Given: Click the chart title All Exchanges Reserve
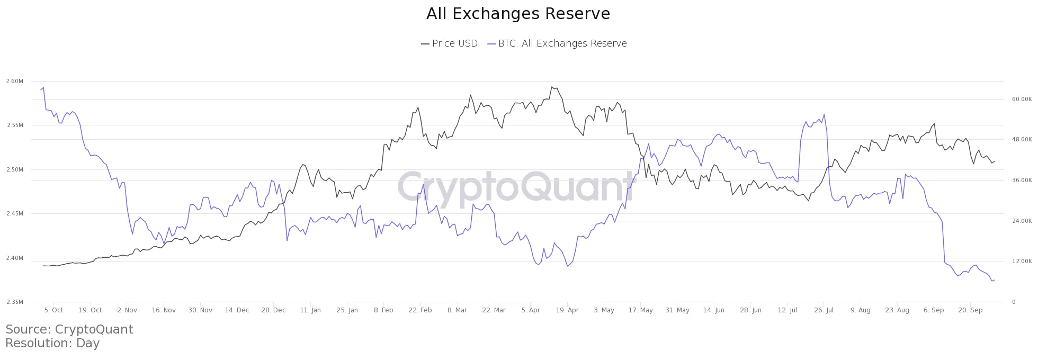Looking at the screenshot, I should (518, 14).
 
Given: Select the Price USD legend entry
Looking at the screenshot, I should (449, 43).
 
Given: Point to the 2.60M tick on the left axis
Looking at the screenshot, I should (15, 81).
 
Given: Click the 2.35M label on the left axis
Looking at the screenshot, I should (15, 302).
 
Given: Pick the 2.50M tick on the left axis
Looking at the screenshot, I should (15, 169).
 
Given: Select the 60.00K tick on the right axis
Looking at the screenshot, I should (1022, 99).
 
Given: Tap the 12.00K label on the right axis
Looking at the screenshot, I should (1022, 261).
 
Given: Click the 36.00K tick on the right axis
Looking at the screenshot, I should (1022, 180).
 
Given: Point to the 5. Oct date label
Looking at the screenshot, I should (53, 310).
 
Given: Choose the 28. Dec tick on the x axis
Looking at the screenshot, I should (273, 310).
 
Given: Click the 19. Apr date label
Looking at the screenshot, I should (567, 310).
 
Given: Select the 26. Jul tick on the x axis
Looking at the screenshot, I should (824, 310).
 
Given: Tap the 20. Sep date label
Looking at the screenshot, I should (970, 310).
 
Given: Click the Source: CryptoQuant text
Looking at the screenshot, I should (69, 329).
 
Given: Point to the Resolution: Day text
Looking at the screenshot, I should (52, 343).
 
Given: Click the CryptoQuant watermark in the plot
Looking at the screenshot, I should (516, 186).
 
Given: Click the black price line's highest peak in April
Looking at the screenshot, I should (552, 87).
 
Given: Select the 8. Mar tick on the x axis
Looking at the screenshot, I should (457, 310).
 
